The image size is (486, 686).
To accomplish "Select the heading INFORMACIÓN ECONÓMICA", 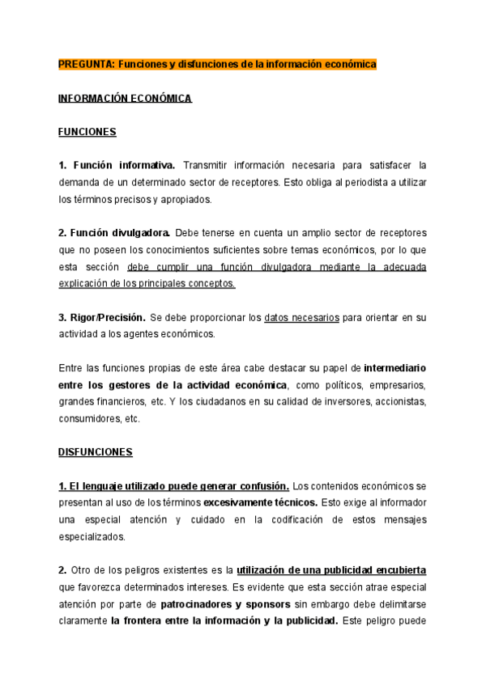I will [125, 98].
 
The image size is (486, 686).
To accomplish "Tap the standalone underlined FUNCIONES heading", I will [87, 132].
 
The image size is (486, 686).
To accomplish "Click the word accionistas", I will [397, 402].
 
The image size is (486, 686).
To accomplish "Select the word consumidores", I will [87, 419].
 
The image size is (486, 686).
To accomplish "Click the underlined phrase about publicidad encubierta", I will [331, 570].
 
